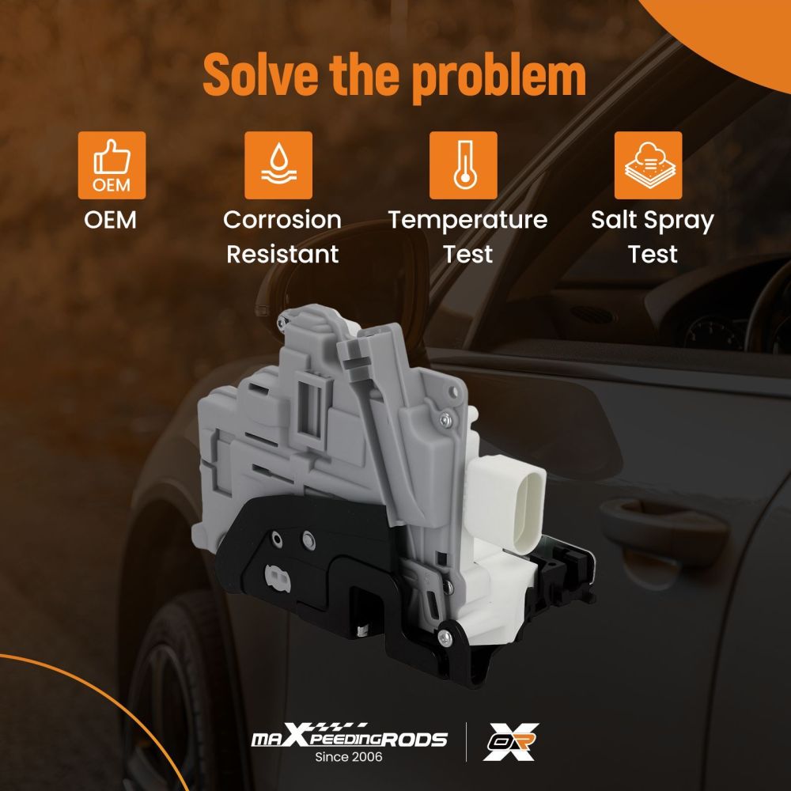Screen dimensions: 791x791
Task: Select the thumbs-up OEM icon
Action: coord(112,165)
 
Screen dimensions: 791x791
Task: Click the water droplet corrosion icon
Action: coord(278,165)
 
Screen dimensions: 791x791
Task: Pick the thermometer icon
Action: coord(463,165)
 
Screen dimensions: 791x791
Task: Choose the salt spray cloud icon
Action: coord(649,165)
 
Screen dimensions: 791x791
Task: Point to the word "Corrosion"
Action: coord(282,220)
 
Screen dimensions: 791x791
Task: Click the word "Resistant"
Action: coord(282,254)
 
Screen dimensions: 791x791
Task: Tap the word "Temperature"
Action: coord(467,221)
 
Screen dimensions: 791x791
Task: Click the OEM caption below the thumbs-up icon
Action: coord(111,220)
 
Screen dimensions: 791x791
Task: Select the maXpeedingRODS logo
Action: coord(349,737)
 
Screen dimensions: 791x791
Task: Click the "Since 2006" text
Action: coord(349,757)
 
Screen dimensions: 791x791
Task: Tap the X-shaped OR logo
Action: coord(510,742)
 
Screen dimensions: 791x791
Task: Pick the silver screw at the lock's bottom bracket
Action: coord(445,638)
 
